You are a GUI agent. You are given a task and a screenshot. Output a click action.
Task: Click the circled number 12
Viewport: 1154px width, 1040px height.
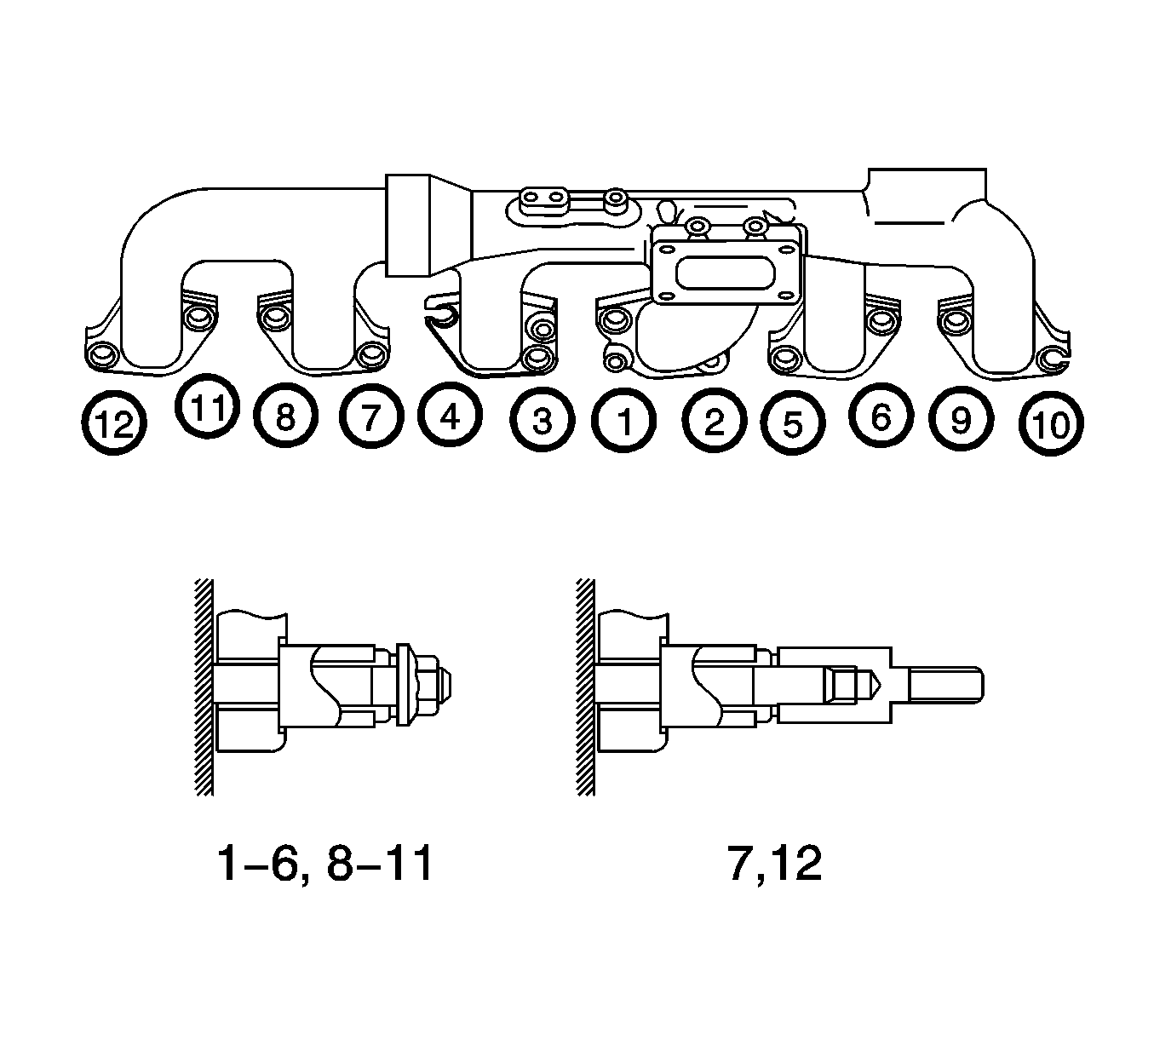point(114,423)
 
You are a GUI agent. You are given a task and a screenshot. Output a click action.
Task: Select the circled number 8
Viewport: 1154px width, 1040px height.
point(285,416)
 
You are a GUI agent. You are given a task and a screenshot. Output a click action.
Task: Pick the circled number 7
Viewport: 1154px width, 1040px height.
point(371,417)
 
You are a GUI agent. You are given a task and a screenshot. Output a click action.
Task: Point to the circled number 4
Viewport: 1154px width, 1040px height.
point(450,415)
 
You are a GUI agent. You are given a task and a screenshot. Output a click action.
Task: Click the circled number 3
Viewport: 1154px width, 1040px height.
point(543,421)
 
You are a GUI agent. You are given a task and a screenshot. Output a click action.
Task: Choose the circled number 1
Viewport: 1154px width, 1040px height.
point(624,422)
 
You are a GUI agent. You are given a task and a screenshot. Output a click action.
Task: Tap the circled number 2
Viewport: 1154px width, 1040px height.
point(714,422)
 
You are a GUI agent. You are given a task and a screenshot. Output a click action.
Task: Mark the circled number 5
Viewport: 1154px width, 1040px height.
point(793,423)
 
